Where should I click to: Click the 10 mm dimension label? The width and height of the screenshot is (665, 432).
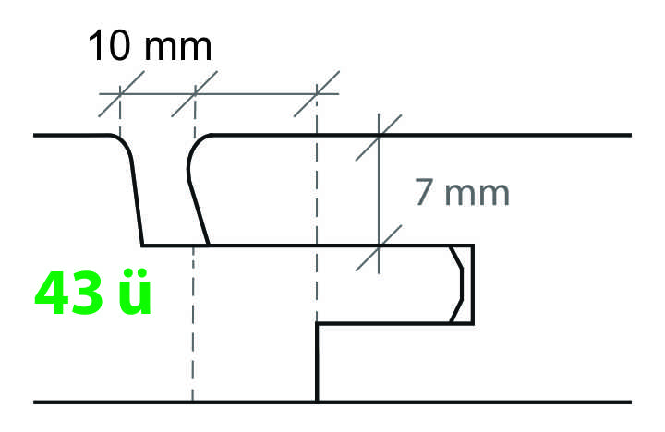[x=150, y=46]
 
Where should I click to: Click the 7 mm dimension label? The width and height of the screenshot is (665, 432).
[x=461, y=194]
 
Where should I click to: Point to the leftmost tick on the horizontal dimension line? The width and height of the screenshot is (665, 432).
[x=120, y=94]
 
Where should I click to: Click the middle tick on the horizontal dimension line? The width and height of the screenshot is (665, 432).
[x=195, y=94]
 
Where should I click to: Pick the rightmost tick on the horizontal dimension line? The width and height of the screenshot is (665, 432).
[x=316, y=94]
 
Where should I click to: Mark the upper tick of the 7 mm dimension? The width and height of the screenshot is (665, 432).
[x=379, y=136]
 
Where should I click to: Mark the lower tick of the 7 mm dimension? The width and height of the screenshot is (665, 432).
[x=379, y=246]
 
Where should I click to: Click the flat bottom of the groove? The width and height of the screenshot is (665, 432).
[x=175, y=246]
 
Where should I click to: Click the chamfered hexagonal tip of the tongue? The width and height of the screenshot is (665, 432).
[x=459, y=284]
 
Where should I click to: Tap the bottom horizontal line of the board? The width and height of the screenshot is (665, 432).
[x=332, y=402]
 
